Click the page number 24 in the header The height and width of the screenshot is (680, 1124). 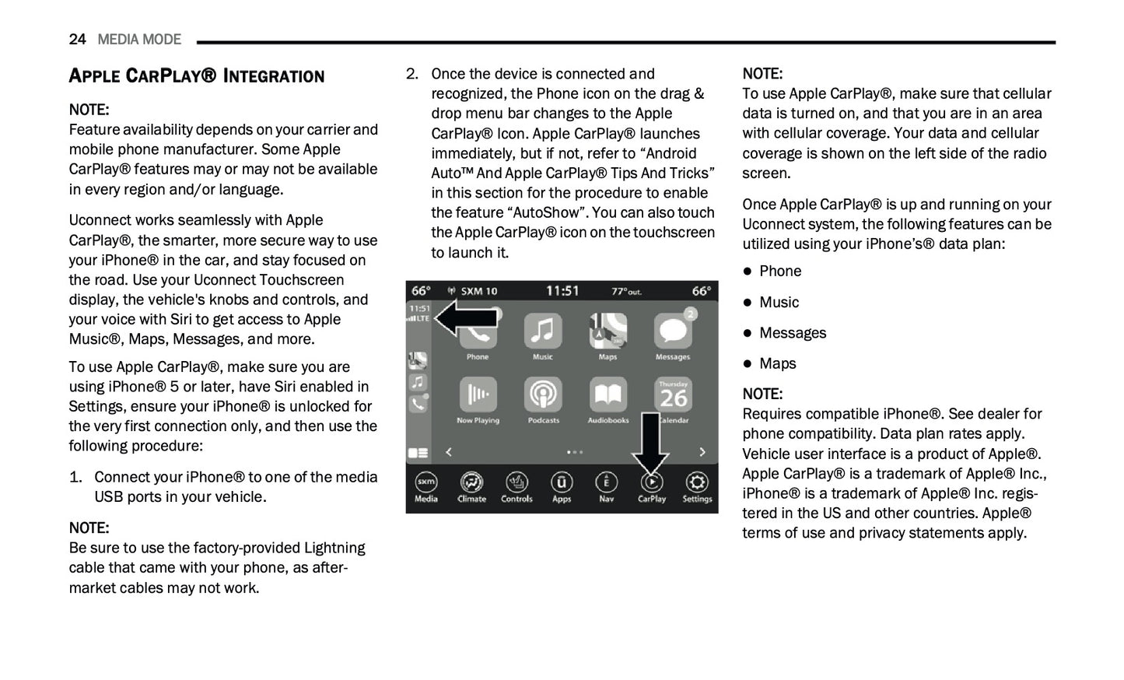[77, 39]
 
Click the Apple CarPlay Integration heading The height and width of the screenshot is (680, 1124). [196, 75]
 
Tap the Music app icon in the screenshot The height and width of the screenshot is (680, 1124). [543, 332]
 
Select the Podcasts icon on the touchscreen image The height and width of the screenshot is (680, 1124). [543, 395]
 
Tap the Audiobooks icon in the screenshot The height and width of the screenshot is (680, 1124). [608, 395]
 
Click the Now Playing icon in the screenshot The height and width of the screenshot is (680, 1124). [478, 395]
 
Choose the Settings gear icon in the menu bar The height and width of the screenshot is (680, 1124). [697, 483]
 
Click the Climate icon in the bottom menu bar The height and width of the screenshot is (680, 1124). [471, 483]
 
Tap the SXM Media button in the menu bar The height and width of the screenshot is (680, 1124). [425, 483]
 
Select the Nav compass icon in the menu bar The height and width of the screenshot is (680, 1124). [607, 483]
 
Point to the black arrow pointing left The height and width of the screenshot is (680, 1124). [465, 318]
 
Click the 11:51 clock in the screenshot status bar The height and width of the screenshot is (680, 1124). [562, 291]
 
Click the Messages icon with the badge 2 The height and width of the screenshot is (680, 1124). [673, 332]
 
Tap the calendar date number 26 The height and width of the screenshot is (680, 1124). [673, 398]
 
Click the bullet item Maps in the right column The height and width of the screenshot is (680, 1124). [777, 363]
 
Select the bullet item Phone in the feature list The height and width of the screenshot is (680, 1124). [780, 271]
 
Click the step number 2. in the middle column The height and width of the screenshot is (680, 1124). [412, 74]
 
